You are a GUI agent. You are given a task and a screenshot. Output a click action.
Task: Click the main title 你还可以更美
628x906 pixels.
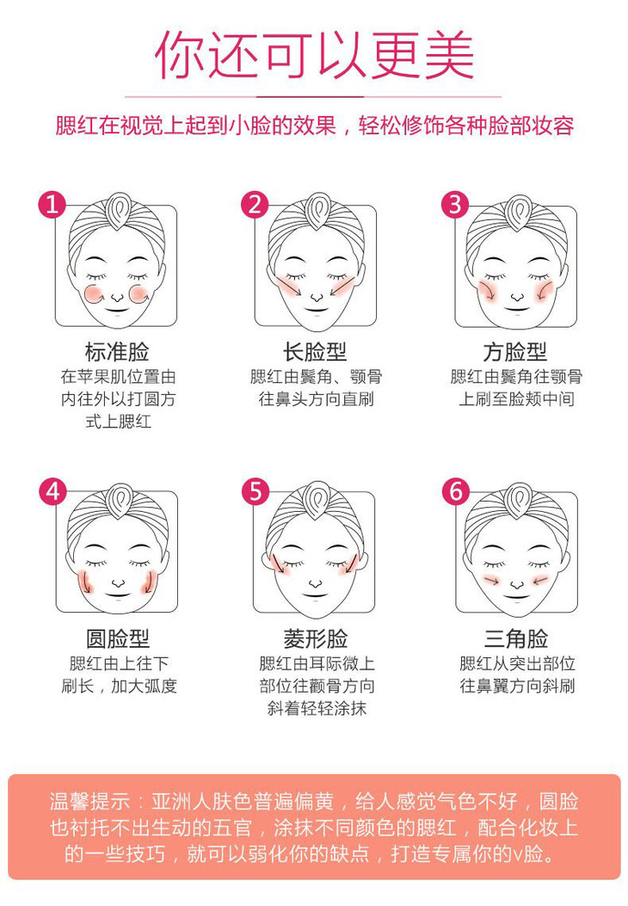314,54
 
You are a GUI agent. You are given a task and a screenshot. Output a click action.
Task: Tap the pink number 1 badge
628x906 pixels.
52,204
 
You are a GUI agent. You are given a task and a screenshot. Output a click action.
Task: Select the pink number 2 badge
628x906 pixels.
255,204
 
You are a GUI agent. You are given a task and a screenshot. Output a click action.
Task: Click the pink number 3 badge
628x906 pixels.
455,204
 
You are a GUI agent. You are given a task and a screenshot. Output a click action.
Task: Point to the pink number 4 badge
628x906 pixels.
52,491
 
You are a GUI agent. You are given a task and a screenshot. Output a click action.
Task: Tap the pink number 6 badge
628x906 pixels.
456,491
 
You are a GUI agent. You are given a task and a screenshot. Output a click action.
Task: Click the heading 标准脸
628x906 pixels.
117,351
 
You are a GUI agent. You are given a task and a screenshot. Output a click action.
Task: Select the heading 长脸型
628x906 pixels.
315,351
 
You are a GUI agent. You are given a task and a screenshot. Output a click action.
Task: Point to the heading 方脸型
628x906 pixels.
515,351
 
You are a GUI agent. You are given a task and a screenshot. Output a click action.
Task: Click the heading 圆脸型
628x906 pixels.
118,638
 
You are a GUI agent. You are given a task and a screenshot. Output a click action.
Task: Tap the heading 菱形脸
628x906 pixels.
316,638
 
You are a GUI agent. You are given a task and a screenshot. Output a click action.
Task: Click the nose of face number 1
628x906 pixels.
117,298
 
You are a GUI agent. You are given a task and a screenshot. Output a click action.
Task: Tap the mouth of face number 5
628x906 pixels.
316,595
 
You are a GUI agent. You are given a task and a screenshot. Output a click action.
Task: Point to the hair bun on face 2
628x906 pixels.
317,211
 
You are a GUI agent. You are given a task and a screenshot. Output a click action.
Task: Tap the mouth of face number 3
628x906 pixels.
517,310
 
